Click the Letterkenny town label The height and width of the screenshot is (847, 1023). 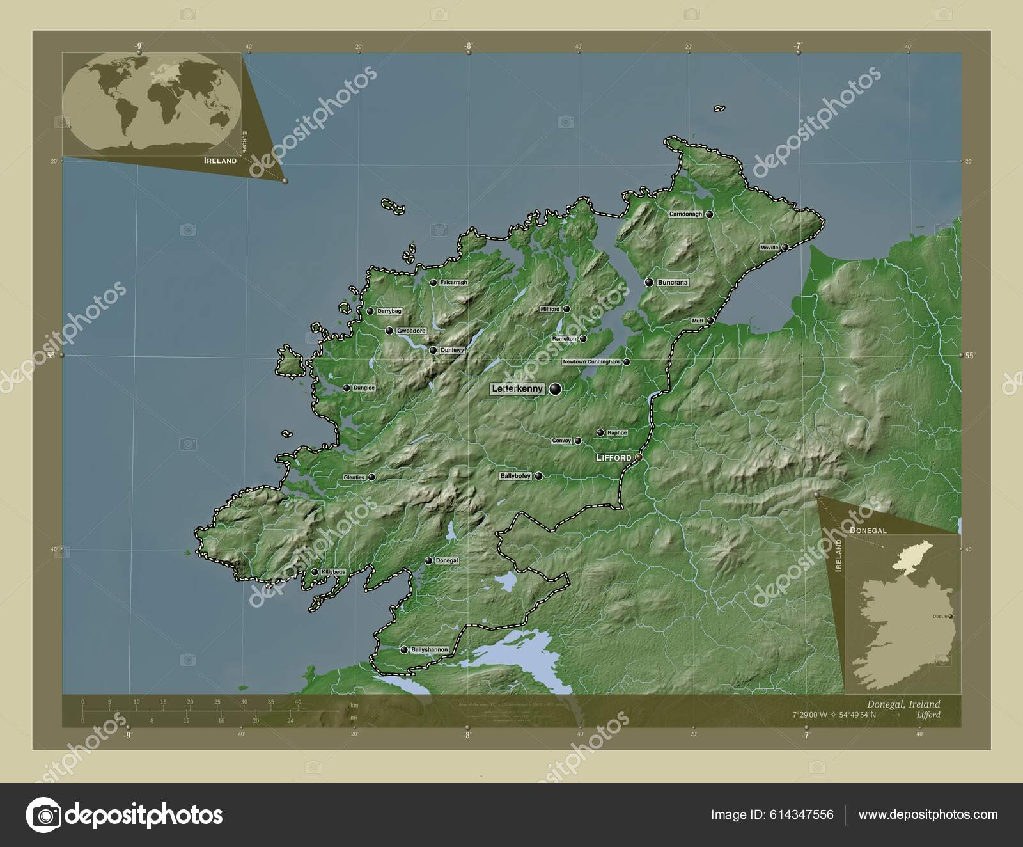(517, 388)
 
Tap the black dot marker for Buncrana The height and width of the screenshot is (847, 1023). (650, 282)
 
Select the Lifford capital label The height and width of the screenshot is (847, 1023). (613, 458)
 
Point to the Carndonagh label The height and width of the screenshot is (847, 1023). (685, 214)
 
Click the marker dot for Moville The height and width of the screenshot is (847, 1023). (785, 247)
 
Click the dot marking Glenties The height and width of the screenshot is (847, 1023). (371, 477)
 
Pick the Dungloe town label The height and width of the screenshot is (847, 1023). (364, 388)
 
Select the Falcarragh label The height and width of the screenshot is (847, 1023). (454, 282)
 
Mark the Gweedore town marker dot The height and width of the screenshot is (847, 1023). (389, 331)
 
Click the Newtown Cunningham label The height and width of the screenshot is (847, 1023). (591, 362)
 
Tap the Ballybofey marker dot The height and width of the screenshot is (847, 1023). (539, 476)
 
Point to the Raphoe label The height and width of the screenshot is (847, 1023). (617, 433)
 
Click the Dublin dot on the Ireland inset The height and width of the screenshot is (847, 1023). (951, 616)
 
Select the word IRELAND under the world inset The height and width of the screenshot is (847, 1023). (220, 161)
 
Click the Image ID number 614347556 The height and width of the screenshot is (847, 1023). (802, 814)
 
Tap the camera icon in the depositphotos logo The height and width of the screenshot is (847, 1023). (43, 815)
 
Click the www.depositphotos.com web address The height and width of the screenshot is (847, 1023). (928, 814)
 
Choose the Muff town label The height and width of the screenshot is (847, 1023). (698, 321)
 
